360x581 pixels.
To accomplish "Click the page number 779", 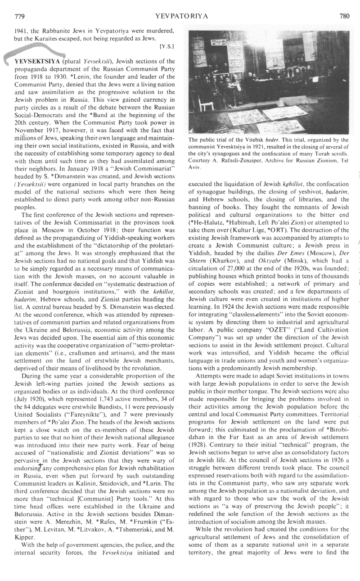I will [x=19, y=16].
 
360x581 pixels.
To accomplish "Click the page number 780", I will [x=344, y=16].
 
